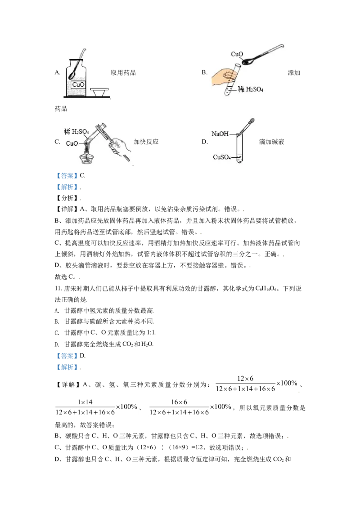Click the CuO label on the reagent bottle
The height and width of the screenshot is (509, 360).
78,84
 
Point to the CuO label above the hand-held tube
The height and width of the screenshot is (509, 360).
237,54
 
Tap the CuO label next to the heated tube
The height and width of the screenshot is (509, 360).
72,143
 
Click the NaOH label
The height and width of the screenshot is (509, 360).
220,134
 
